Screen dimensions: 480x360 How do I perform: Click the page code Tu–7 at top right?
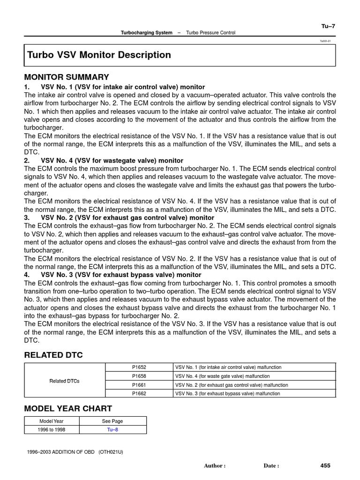[328, 26]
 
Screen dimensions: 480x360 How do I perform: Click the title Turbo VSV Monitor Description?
[99, 55]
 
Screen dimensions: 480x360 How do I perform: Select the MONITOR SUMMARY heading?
[67, 77]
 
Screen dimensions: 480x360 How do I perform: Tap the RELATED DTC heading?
[53, 355]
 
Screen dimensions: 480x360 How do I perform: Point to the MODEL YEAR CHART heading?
[68, 409]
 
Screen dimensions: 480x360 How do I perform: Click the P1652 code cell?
[139, 367]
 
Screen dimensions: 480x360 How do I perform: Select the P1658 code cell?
[139, 376]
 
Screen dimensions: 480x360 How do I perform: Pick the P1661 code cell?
[139, 385]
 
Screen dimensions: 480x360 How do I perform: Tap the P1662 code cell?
[139, 394]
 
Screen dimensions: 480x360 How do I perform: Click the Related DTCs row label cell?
[65, 381]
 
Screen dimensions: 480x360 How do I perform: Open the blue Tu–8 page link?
[112, 430]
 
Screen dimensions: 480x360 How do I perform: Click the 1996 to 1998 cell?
[52, 430]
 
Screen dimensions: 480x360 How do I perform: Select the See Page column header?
[112, 421]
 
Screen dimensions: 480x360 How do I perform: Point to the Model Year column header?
[52, 421]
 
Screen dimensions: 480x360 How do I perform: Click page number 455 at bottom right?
[325, 465]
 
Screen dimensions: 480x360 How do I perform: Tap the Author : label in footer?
[215, 466]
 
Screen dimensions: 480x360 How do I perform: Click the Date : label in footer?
[271, 466]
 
